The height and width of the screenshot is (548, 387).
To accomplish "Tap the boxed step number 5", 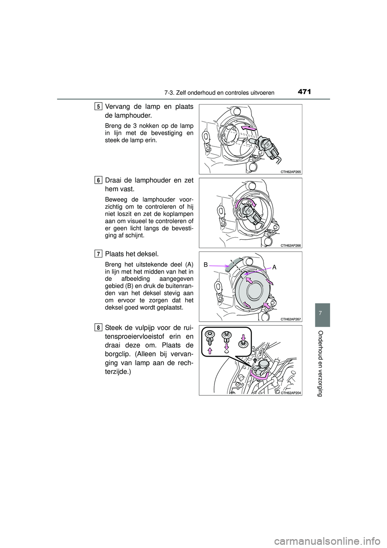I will [99, 106].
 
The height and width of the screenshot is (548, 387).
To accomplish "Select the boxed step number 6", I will [99, 180].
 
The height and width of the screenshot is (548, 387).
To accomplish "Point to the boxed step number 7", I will [99, 253].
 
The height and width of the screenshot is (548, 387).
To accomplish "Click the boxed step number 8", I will [99, 327].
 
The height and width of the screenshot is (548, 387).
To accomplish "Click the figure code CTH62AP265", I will [290, 172].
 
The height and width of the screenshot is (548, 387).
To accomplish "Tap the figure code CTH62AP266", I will [290, 245].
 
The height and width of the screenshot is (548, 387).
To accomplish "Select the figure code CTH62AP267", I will [290, 319].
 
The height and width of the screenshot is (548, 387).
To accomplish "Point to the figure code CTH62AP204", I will [290, 392].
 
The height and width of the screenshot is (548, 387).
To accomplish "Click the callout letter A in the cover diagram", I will [274, 266].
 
